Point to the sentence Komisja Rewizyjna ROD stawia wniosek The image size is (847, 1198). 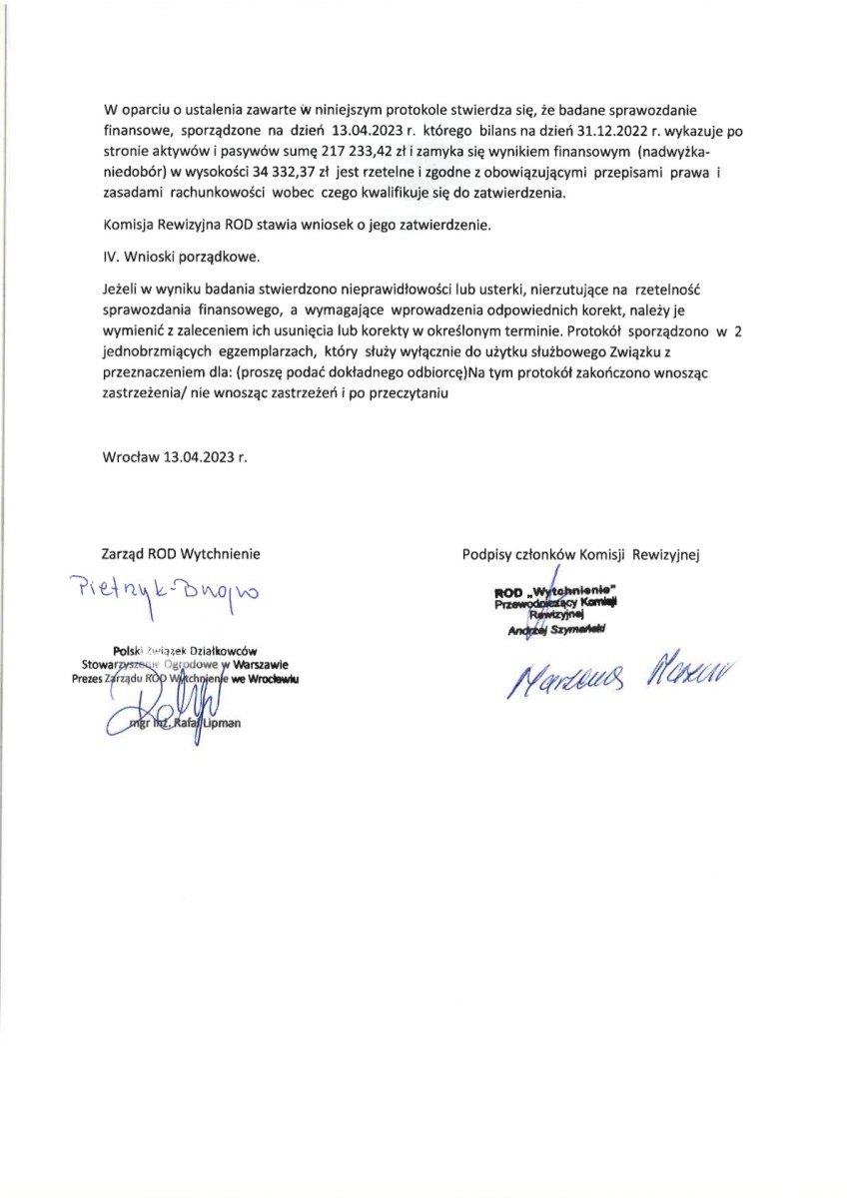[x=298, y=226]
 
